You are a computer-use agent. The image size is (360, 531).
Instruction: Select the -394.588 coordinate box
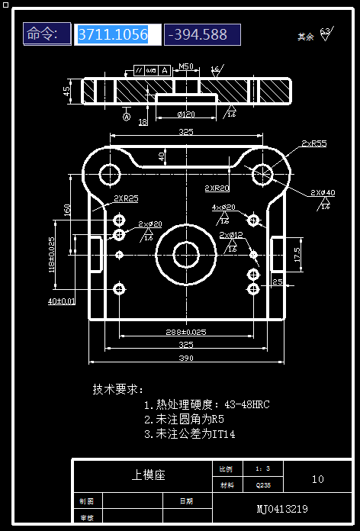coord(201,34)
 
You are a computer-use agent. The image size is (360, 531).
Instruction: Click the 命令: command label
coord(47,34)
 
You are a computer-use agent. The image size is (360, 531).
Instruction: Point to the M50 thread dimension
coord(185,66)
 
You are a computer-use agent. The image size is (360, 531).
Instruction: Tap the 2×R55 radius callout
coord(313,143)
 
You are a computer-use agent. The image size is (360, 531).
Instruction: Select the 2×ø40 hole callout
coord(323,192)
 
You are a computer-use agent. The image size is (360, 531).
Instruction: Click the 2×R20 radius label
coord(217,188)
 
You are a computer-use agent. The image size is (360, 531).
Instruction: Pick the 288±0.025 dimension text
coord(186,332)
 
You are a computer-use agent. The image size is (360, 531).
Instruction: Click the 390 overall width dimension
coord(186,358)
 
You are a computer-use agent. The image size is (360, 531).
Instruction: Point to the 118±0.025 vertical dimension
coord(53,255)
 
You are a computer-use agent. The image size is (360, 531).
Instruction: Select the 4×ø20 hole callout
coord(223,208)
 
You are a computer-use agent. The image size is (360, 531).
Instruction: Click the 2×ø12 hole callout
coord(231,235)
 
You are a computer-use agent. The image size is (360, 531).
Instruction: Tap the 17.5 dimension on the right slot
coord(296,254)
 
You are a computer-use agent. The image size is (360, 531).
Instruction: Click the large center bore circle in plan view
coord(185,254)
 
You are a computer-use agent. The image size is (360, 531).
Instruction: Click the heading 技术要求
coord(118,388)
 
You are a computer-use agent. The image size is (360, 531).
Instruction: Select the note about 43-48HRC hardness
coord(206,404)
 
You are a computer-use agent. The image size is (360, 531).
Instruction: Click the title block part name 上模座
coord(148,475)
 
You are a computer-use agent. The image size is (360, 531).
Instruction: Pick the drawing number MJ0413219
coord(282,508)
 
